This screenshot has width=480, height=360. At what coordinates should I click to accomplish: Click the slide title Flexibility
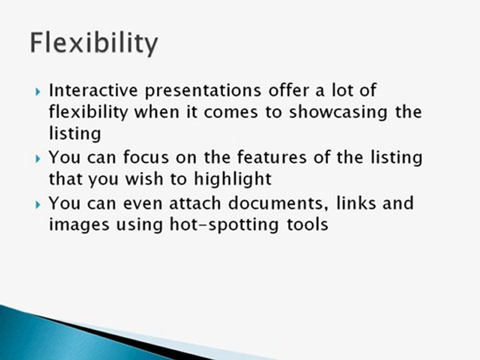[93, 43]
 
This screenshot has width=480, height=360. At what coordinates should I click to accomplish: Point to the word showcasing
[333, 112]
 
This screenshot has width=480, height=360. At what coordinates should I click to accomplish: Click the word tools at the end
[306, 224]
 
